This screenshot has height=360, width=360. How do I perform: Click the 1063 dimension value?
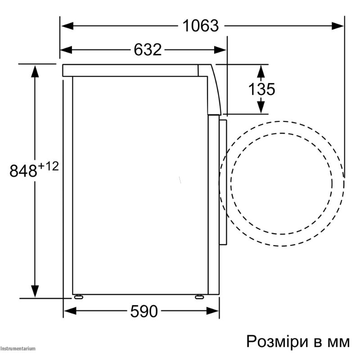[x=201, y=26]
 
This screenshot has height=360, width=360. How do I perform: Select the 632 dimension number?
[x=148, y=49]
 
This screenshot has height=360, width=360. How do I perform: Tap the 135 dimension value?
[x=261, y=89]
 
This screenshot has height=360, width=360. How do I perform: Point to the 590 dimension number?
[x=144, y=311]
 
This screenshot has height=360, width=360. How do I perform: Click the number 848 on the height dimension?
[x=23, y=171]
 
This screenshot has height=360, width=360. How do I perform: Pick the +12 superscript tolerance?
[x=48, y=166]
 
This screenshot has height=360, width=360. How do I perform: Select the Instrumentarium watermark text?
[x=18, y=348]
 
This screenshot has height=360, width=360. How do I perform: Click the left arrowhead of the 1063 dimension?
[x=67, y=26]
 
